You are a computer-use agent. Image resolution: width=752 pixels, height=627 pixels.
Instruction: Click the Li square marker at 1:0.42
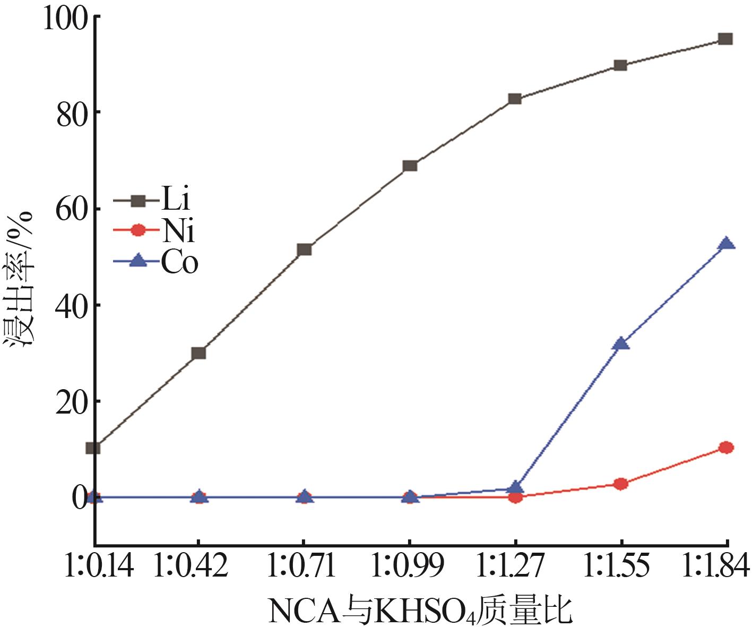tap(198, 353)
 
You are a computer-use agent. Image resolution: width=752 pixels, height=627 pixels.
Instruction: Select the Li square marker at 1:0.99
tap(410, 166)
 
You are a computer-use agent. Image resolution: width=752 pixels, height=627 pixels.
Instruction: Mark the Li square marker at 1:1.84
tap(725, 39)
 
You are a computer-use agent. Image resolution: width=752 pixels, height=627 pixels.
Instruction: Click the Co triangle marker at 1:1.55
tap(620, 344)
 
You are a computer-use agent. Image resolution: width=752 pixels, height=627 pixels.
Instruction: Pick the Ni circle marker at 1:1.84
tap(725, 448)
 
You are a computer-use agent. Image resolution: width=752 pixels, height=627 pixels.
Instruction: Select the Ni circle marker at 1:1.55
tap(620, 484)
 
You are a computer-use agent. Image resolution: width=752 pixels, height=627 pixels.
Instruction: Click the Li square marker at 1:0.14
tap(94, 448)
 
